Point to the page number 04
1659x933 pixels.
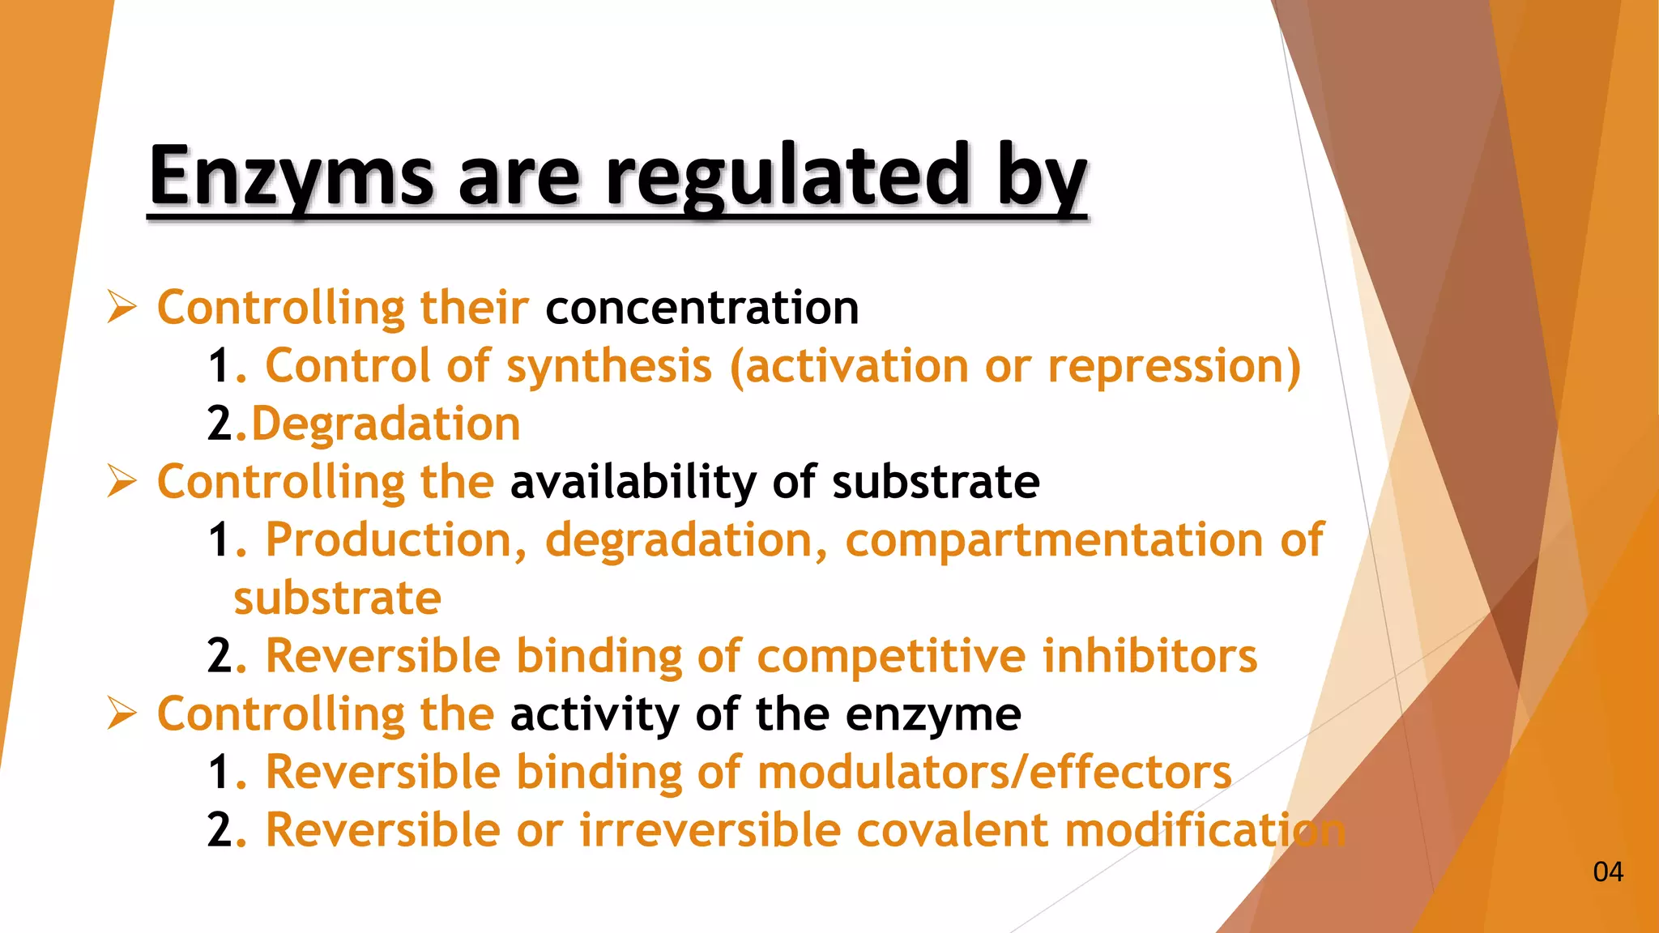(x=1607, y=872)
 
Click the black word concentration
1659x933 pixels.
(x=702, y=309)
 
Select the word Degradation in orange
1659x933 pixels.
(x=386, y=424)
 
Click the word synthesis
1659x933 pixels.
(x=608, y=367)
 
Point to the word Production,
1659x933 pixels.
(x=396, y=540)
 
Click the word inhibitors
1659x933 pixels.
(x=1149, y=656)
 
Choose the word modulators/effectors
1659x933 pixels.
(x=994, y=772)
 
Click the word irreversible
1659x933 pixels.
(x=710, y=831)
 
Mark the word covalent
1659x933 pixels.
(x=952, y=831)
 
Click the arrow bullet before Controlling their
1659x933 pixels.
(x=122, y=309)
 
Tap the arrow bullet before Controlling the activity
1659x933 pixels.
(x=122, y=714)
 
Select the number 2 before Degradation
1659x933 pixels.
(x=220, y=424)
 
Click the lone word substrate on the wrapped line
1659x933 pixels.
(x=337, y=599)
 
